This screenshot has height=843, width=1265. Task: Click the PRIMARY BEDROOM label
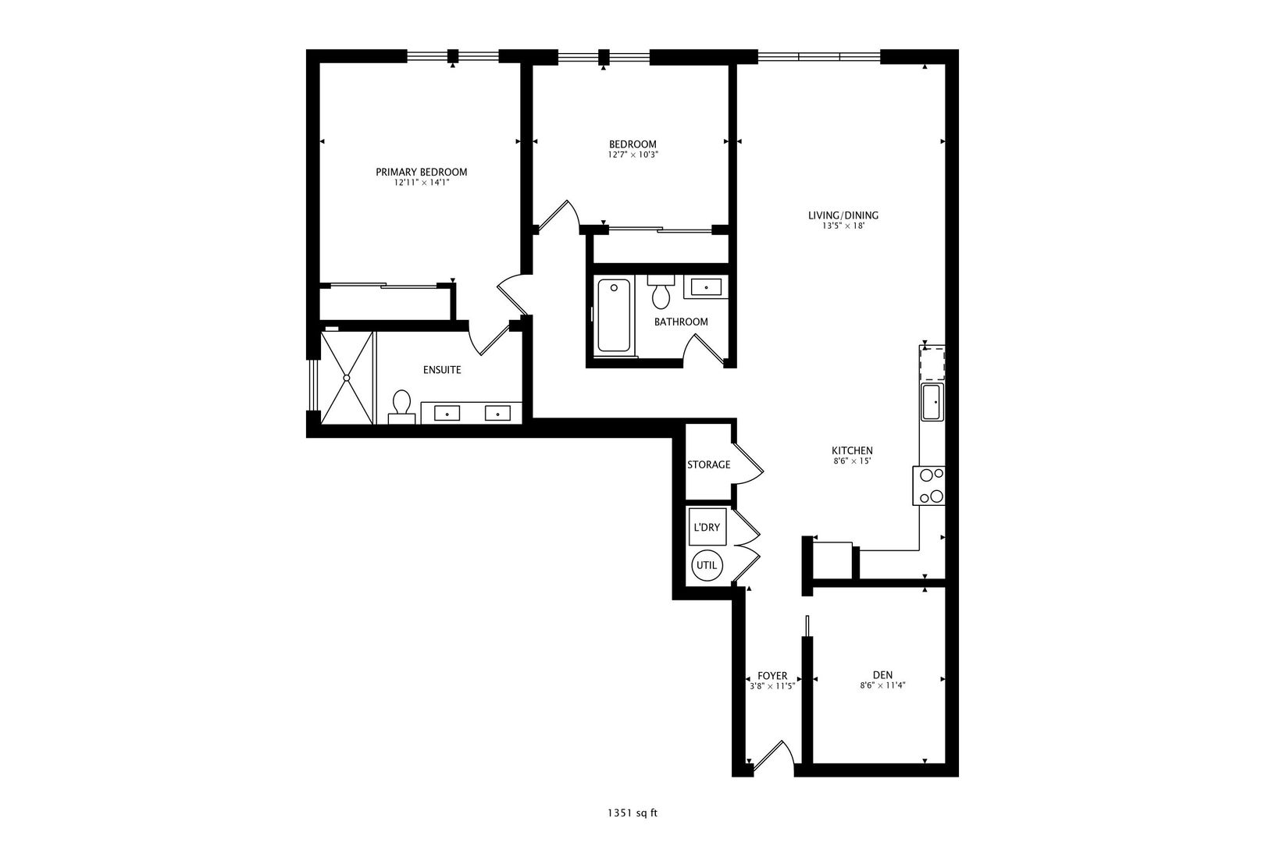point(422,173)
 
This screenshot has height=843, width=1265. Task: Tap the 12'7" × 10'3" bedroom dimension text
point(633,155)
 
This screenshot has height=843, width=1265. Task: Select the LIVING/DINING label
point(843,215)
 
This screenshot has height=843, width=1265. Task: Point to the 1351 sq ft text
point(632,813)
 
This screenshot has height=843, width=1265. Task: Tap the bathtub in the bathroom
point(614,315)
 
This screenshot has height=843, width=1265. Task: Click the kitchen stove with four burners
point(928,486)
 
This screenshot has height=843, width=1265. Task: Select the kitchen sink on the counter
point(932,402)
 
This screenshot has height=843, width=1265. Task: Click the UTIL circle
point(707,565)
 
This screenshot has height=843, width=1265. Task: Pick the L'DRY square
point(707,527)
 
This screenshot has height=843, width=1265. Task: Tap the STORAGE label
point(709,464)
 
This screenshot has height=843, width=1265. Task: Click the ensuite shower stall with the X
point(347,378)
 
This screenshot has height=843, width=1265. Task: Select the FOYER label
point(772,676)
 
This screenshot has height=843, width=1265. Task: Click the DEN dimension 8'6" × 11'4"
point(882,686)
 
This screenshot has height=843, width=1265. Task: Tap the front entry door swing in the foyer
point(775,756)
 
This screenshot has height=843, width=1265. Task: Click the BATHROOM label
point(681,322)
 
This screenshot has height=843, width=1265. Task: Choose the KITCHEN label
point(852,450)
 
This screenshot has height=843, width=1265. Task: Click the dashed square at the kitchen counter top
point(932,365)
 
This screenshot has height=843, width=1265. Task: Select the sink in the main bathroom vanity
point(706,287)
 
